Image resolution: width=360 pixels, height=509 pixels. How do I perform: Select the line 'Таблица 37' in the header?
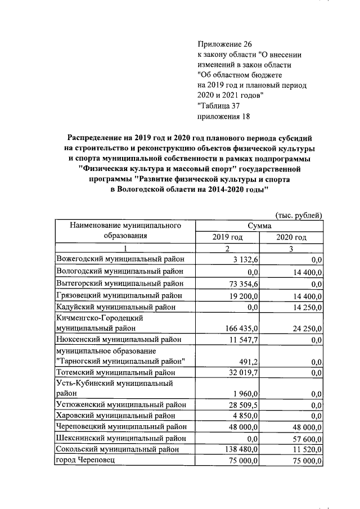[x=220, y=106]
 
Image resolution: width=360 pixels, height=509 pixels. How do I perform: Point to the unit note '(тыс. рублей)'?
[x=299, y=215]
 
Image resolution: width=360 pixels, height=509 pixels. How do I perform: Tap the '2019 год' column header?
[x=227, y=237]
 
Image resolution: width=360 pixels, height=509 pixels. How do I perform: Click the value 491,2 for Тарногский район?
[x=248, y=361]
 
